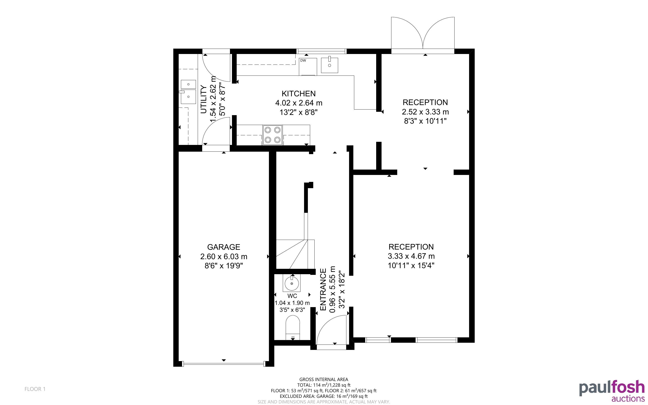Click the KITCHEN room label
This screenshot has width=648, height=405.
(298, 93)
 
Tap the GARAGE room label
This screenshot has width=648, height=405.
(223, 247)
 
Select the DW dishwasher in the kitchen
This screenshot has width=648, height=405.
(308, 67)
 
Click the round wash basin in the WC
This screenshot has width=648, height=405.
(292, 283)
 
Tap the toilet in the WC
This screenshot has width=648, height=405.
(293, 327)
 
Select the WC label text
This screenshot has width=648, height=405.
(292, 296)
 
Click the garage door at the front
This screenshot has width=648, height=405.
(224, 364)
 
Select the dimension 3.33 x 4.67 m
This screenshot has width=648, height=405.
(411, 256)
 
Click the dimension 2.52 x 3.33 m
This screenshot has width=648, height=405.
(425, 112)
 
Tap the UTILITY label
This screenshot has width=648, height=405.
(204, 99)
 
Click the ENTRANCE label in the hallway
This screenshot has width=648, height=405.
(323, 290)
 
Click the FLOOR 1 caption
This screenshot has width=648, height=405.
(35, 389)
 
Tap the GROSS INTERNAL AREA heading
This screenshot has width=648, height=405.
(324, 379)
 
